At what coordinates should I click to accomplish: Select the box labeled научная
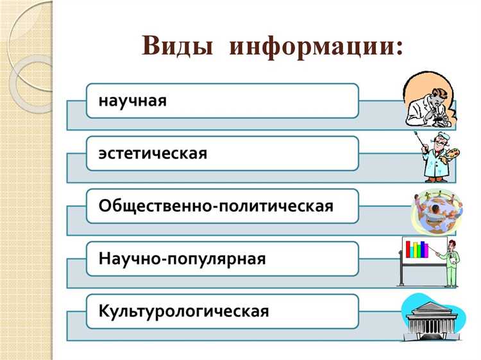click(222, 100)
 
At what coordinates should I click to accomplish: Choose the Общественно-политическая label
click(216, 207)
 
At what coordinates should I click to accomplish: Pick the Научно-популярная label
click(182, 259)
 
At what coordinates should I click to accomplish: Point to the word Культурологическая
click(183, 312)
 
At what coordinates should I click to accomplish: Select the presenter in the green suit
click(453, 263)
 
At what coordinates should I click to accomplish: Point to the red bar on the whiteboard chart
click(407, 251)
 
